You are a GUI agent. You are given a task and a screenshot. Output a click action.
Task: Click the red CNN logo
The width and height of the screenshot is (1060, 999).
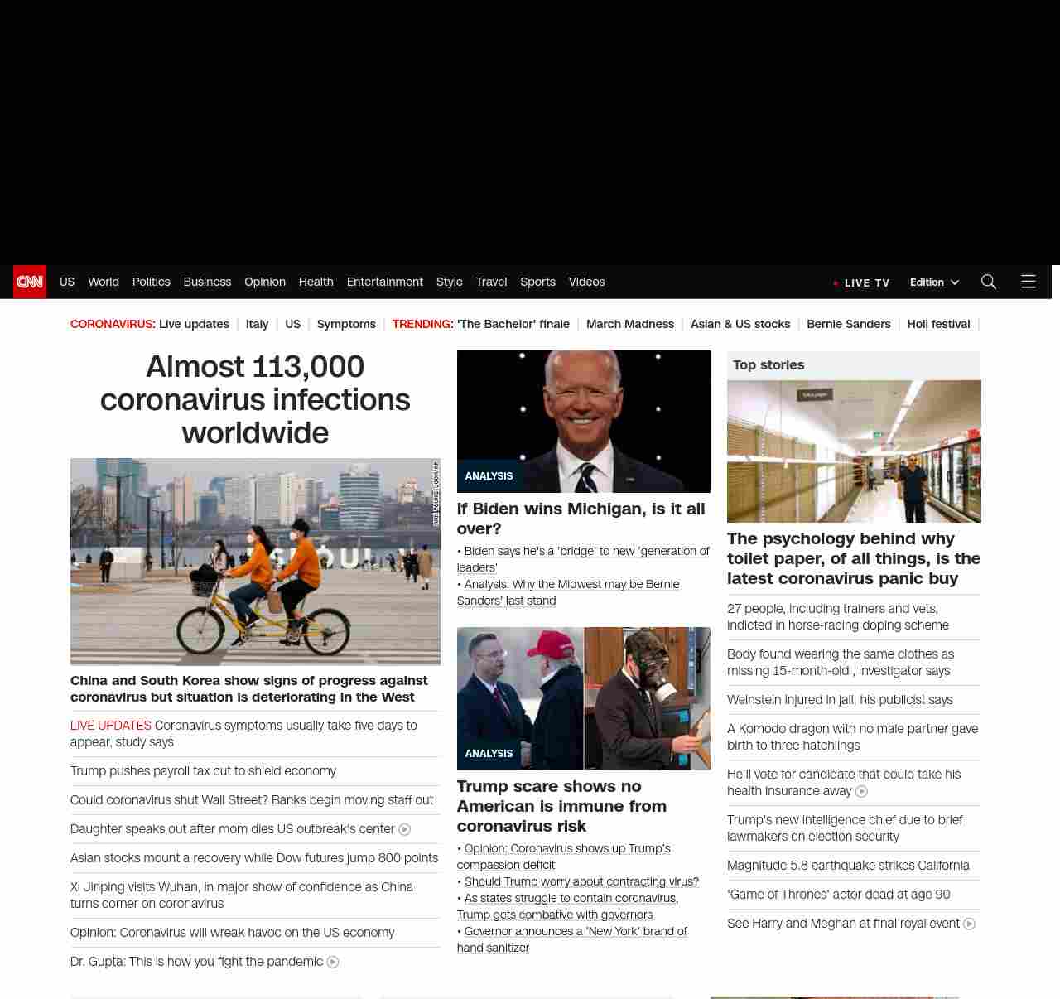30,282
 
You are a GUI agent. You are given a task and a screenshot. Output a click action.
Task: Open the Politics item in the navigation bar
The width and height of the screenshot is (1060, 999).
151,282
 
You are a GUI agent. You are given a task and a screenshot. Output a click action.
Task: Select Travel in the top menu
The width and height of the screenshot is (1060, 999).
491,282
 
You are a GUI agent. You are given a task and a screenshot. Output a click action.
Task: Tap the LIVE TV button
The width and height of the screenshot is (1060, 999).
863,282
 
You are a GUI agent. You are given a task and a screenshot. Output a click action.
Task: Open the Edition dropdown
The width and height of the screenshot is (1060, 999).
934,282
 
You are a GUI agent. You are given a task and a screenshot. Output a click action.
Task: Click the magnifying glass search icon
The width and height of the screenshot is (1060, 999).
988,282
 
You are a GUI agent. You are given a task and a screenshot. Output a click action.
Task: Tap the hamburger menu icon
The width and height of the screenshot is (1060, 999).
1029,282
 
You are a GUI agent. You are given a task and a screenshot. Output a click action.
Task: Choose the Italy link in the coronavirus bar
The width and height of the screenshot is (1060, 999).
257,324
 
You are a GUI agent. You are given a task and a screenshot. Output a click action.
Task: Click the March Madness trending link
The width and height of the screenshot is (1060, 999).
630,324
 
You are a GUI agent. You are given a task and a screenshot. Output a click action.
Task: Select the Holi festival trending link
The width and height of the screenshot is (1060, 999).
938,324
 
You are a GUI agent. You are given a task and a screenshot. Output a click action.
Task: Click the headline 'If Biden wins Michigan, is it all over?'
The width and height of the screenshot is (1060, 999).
581,519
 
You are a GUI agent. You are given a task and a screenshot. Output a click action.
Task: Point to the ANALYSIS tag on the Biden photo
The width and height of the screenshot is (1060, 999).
489,476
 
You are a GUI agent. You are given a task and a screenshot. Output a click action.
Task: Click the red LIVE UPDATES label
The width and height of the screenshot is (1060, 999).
111,726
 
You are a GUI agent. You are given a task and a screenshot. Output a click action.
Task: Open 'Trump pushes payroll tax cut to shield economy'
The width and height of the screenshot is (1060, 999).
203,771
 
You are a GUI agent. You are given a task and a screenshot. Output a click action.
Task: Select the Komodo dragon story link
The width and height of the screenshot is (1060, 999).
852,737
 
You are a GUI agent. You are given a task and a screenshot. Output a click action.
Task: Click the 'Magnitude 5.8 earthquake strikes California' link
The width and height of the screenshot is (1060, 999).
848,866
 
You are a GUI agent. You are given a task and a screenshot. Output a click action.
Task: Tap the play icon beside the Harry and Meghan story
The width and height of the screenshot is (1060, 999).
970,924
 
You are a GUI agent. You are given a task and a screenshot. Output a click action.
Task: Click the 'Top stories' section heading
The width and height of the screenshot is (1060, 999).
768,365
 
